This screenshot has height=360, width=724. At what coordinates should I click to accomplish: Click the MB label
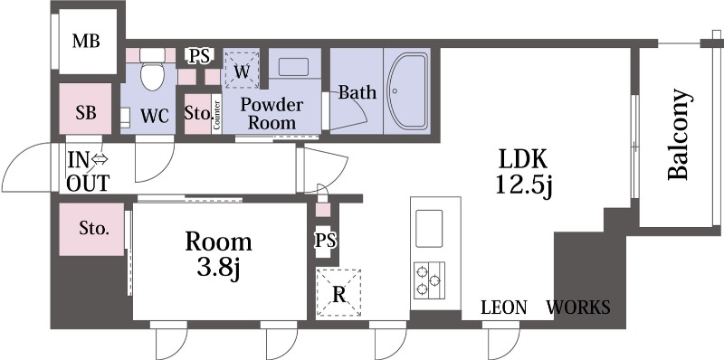pyautogui.click(x=86, y=41)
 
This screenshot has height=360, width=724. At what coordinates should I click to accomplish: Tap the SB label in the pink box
pyautogui.click(x=86, y=113)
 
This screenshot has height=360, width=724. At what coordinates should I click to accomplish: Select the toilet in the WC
pyautogui.click(x=152, y=70)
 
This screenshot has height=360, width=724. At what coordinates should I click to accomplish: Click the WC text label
pyautogui.click(x=155, y=117)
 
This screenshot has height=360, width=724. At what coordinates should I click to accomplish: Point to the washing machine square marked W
pyautogui.click(x=242, y=70)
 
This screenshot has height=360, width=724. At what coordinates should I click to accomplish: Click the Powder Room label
pyautogui.click(x=271, y=114)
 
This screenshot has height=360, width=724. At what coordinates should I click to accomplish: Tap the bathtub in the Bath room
pyautogui.click(x=407, y=91)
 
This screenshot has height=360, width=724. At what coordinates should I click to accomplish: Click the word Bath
pyautogui.click(x=357, y=92)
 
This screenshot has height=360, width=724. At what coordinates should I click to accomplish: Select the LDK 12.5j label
pyautogui.click(x=524, y=173)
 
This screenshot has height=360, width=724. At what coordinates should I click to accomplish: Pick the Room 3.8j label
pyautogui.click(x=218, y=255)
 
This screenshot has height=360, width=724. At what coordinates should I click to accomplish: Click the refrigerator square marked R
pyautogui.click(x=338, y=293)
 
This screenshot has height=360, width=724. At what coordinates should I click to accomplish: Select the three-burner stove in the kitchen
pyautogui.click(x=429, y=280)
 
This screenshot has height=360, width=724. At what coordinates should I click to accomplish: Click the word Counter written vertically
pyautogui.click(x=217, y=115)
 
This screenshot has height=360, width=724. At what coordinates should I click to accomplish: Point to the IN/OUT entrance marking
pyautogui.click(x=88, y=172)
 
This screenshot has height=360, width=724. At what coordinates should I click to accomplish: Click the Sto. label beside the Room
pyautogui.click(x=94, y=228)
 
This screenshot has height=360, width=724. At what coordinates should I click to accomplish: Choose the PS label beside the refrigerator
pyautogui.click(x=326, y=241)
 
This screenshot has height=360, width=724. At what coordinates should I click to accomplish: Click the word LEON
pyautogui.click(x=504, y=307)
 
